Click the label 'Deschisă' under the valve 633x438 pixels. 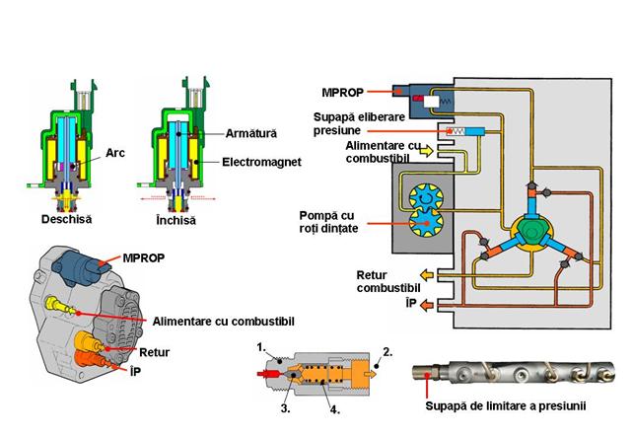coord(63,219)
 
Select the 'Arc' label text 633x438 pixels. coord(116,154)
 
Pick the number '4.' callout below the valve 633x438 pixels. coord(334,404)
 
